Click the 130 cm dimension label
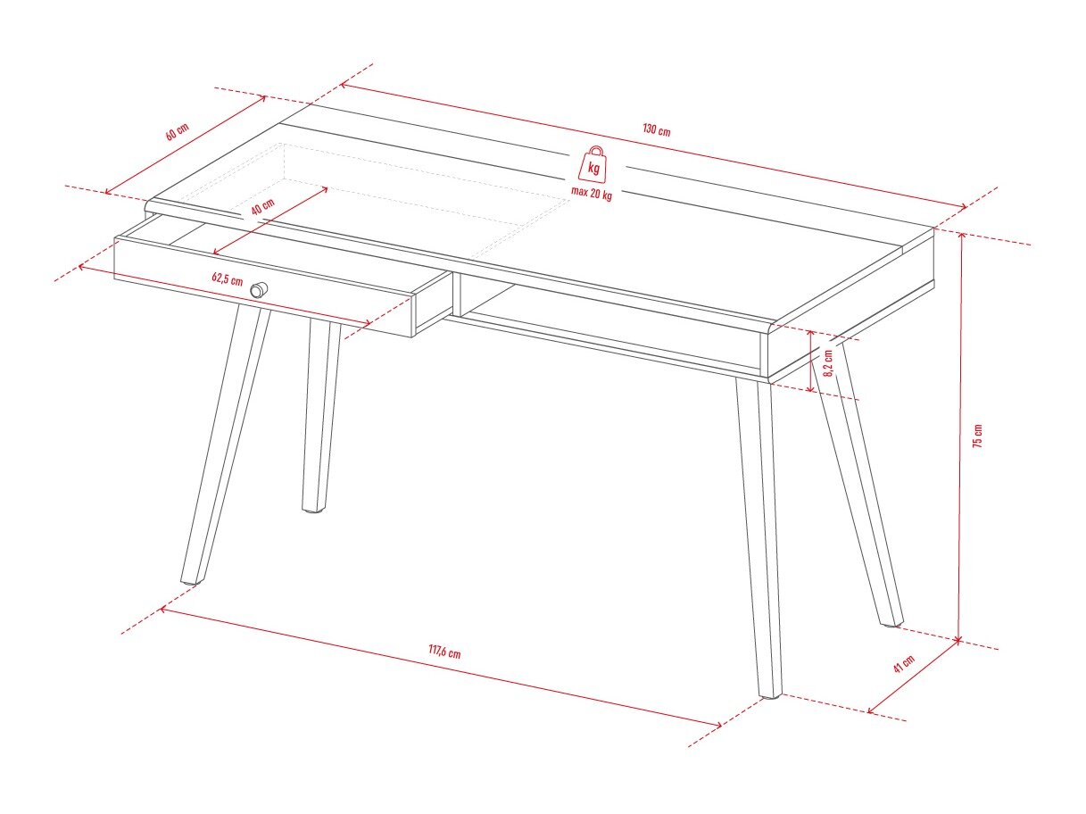pyautogui.click(x=657, y=129)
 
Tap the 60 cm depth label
pyautogui.click(x=177, y=131)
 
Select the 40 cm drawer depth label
pyautogui.click(x=262, y=206)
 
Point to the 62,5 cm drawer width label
pyautogui.click(x=227, y=279)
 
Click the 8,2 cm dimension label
pyautogui.click(x=828, y=362)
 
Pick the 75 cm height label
pyautogui.click(x=978, y=436)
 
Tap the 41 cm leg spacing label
pyautogui.click(x=904, y=663)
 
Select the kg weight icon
pyautogui.click(x=593, y=163)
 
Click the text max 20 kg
pyautogui.click(x=592, y=193)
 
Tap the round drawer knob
pyautogui.click(x=258, y=289)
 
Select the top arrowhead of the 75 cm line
pyautogui.click(x=962, y=236)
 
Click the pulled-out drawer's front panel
pyautogui.click(x=263, y=287)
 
